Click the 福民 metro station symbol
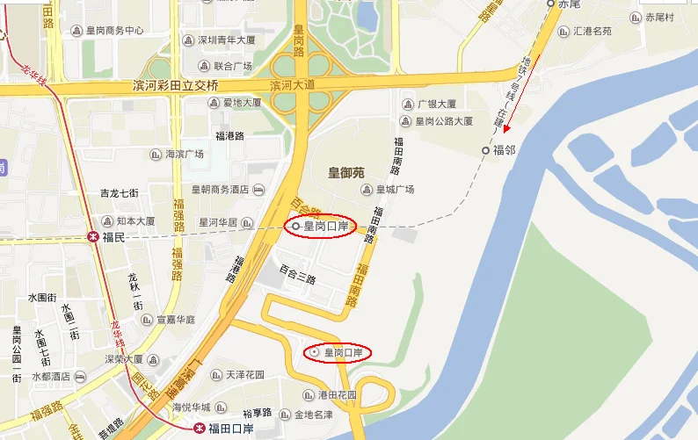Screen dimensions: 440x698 (93, 236)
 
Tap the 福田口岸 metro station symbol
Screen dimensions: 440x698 (200, 428)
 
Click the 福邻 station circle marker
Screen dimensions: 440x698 (485, 151)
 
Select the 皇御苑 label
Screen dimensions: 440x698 (346, 172)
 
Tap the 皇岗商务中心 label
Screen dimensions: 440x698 (114, 30)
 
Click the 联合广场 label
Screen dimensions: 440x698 (233, 66)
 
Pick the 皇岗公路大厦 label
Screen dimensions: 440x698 (444, 120)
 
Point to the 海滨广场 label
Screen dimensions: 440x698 (185, 154)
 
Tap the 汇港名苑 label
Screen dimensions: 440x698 (592, 31)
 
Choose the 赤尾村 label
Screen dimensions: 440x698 (658, 17)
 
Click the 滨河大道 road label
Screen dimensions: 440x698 (292, 85)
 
